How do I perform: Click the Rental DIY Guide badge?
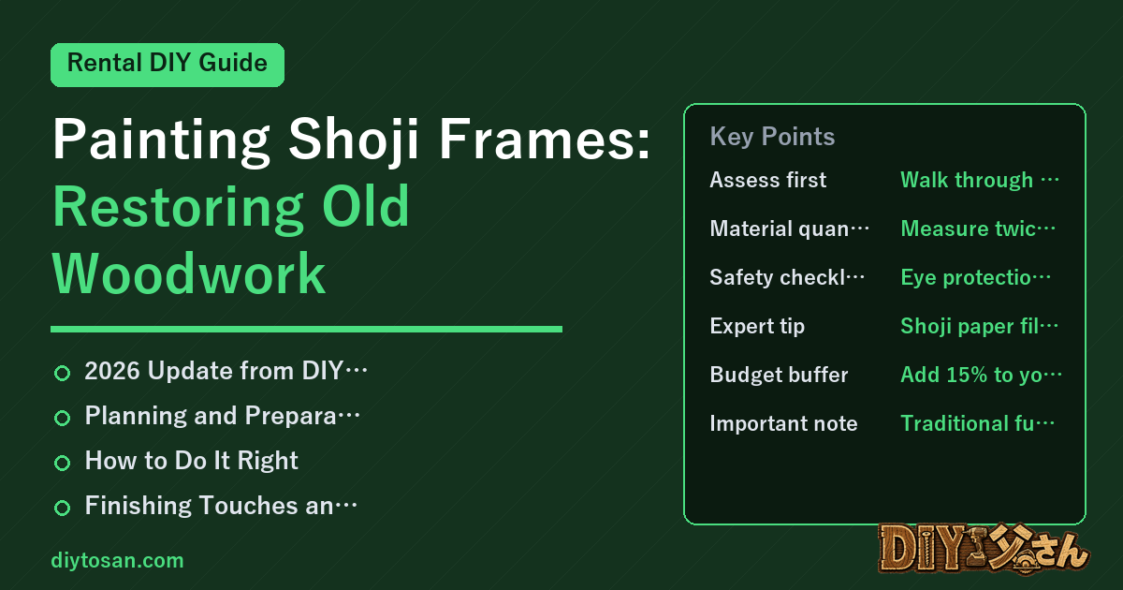168,65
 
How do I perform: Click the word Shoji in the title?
354,139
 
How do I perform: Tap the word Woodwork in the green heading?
189,273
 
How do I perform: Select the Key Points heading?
772,137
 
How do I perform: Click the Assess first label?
767,180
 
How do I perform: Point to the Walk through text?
980,180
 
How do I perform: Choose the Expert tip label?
757,326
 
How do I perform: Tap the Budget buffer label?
779,375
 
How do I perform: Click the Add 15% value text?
981,375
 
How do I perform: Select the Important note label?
783,423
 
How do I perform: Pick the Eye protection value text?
975,277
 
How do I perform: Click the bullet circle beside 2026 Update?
62,373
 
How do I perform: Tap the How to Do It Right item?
191,460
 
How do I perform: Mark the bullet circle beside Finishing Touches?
62,508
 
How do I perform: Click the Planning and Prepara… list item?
222,416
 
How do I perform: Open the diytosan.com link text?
117,560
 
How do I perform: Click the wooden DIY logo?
984,549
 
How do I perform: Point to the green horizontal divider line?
306,329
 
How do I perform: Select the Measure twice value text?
978,229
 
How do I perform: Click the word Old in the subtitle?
366,206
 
